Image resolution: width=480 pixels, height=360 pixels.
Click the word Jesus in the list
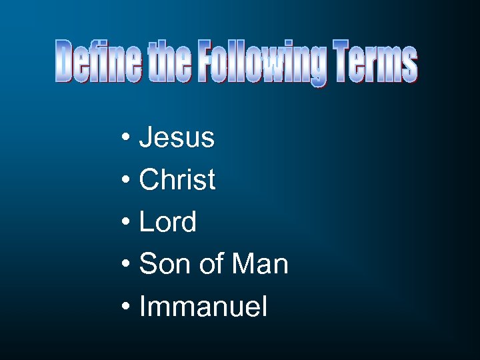(x=177, y=138)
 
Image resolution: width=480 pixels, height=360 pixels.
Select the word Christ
(x=177, y=180)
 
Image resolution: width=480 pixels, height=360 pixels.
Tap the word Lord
(x=168, y=222)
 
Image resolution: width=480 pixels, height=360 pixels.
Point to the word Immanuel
(x=203, y=307)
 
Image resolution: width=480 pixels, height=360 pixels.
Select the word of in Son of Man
(x=210, y=265)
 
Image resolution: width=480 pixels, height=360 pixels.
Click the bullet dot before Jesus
(x=126, y=139)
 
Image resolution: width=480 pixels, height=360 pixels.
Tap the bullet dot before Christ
(x=126, y=181)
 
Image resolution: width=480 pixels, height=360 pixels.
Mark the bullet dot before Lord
(x=126, y=223)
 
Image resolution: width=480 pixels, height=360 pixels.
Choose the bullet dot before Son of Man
(x=126, y=265)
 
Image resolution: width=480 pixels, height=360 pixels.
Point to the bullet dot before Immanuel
(x=126, y=307)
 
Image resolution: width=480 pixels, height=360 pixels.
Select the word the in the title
(x=175, y=61)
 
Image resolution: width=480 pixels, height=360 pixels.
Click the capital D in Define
(x=65, y=61)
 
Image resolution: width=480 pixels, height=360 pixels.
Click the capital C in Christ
(x=149, y=180)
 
